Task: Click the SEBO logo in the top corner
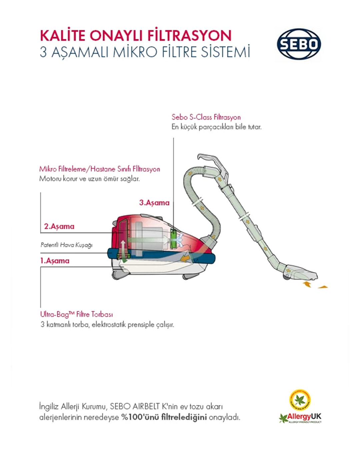click(299, 44)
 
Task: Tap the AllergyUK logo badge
click(300, 407)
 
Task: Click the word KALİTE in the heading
click(63, 36)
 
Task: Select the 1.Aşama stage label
click(55, 261)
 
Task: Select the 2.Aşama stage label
click(59, 226)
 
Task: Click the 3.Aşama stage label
click(154, 203)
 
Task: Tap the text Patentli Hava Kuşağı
click(66, 245)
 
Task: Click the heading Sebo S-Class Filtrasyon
click(206, 117)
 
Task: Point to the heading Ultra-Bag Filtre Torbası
click(76, 314)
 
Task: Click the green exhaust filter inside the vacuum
click(173, 239)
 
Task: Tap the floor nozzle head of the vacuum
click(300, 274)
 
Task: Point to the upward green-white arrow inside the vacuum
click(123, 251)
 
